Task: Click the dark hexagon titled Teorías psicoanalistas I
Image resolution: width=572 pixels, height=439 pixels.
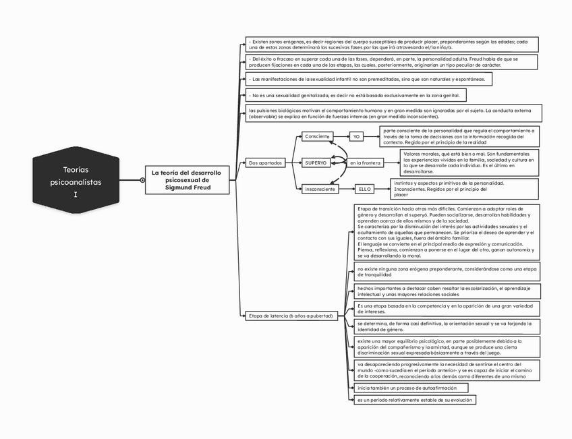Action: pos(76,180)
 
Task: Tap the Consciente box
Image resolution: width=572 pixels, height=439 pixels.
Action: pos(317,137)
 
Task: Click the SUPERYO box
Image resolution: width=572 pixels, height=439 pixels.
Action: pos(317,163)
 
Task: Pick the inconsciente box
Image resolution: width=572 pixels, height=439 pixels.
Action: pos(320,189)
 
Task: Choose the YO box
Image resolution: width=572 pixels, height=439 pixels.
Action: pos(357,137)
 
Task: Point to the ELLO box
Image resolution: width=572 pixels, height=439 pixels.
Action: pos(366,189)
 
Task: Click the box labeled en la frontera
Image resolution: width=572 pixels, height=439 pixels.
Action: pos(366,163)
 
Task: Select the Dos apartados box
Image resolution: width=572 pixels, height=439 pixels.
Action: pos(265,163)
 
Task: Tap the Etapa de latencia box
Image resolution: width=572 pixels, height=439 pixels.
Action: pos(290,316)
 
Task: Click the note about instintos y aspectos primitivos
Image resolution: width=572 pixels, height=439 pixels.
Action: pos(465,189)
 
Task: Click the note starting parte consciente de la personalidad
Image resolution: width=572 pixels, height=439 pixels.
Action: pos(459,136)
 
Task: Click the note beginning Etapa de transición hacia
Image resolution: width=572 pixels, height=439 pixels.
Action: pos(447,232)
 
